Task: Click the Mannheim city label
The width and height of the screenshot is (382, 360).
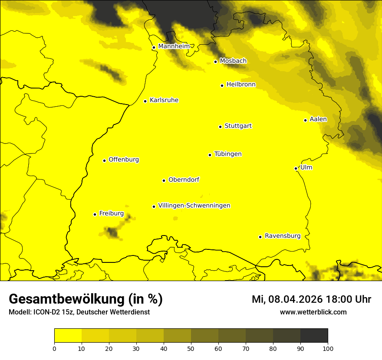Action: tap(174, 46)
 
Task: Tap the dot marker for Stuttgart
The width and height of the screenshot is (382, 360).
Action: tap(220, 127)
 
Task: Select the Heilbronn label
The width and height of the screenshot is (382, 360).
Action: tap(241, 85)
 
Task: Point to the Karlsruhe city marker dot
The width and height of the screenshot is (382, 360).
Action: tap(145, 101)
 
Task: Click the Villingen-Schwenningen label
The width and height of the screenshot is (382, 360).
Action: tap(194, 206)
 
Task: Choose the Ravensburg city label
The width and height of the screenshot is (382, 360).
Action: tap(282, 236)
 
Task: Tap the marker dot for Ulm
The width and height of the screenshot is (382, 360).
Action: tap(296, 168)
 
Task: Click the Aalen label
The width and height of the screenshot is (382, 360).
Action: tap(318, 119)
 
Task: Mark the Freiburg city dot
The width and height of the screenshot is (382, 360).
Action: tap(95, 214)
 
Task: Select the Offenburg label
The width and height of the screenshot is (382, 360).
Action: tap(124, 160)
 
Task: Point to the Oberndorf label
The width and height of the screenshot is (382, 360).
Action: tap(184, 180)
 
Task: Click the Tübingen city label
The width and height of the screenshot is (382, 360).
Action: tap(227, 154)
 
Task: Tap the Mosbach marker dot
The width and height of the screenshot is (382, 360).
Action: tap(215, 62)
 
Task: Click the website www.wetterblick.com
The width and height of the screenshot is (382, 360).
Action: tap(313, 312)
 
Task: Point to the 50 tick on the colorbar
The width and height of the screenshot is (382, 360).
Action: tap(191, 348)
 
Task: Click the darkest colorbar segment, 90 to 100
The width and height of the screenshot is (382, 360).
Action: tap(314, 336)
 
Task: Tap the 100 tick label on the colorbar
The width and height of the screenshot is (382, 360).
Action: tap(328, 348)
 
